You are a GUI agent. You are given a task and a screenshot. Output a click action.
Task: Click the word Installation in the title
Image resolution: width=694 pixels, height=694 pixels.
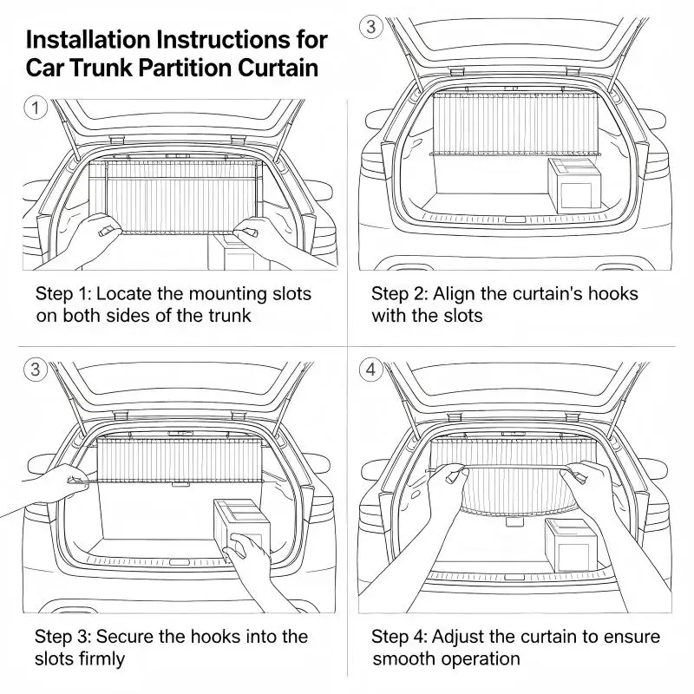coord(88,40)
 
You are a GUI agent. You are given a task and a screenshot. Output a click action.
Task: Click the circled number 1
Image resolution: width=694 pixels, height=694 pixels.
coord(36,108)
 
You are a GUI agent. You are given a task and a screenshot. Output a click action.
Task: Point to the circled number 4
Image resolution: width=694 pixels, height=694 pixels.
coord(371,370)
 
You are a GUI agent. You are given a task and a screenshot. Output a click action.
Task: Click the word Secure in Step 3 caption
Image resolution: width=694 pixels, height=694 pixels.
coord(125,637)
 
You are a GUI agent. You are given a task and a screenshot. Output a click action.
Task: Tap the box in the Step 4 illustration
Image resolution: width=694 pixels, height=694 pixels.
coord(571,545)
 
